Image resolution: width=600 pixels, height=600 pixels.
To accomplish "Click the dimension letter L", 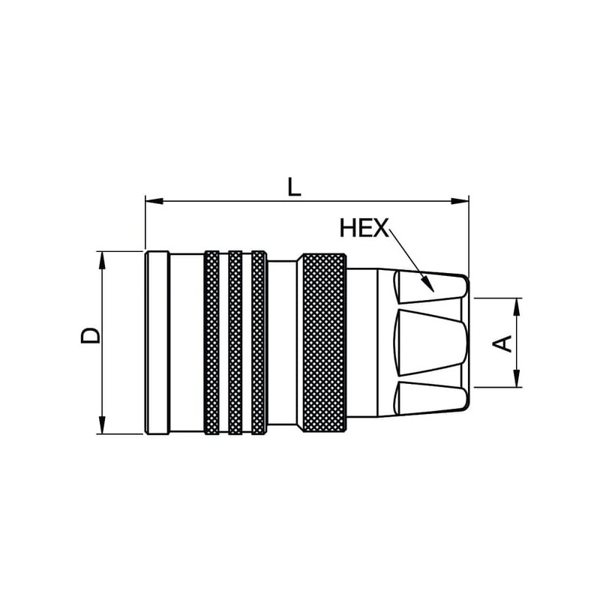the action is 294,187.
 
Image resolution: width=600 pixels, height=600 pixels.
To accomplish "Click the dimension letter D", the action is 90,335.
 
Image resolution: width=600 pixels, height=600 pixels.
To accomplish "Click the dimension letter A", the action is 502,343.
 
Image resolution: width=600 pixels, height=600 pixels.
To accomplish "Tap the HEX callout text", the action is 364,228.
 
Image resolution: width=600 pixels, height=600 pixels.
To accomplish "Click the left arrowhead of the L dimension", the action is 154,201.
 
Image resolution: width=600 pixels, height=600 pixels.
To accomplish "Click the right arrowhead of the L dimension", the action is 460,201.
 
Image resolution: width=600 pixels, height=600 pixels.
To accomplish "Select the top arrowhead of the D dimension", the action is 102,260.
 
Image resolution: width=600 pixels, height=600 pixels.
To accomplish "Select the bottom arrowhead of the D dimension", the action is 102,424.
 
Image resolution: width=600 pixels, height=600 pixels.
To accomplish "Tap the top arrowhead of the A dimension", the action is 517,307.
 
